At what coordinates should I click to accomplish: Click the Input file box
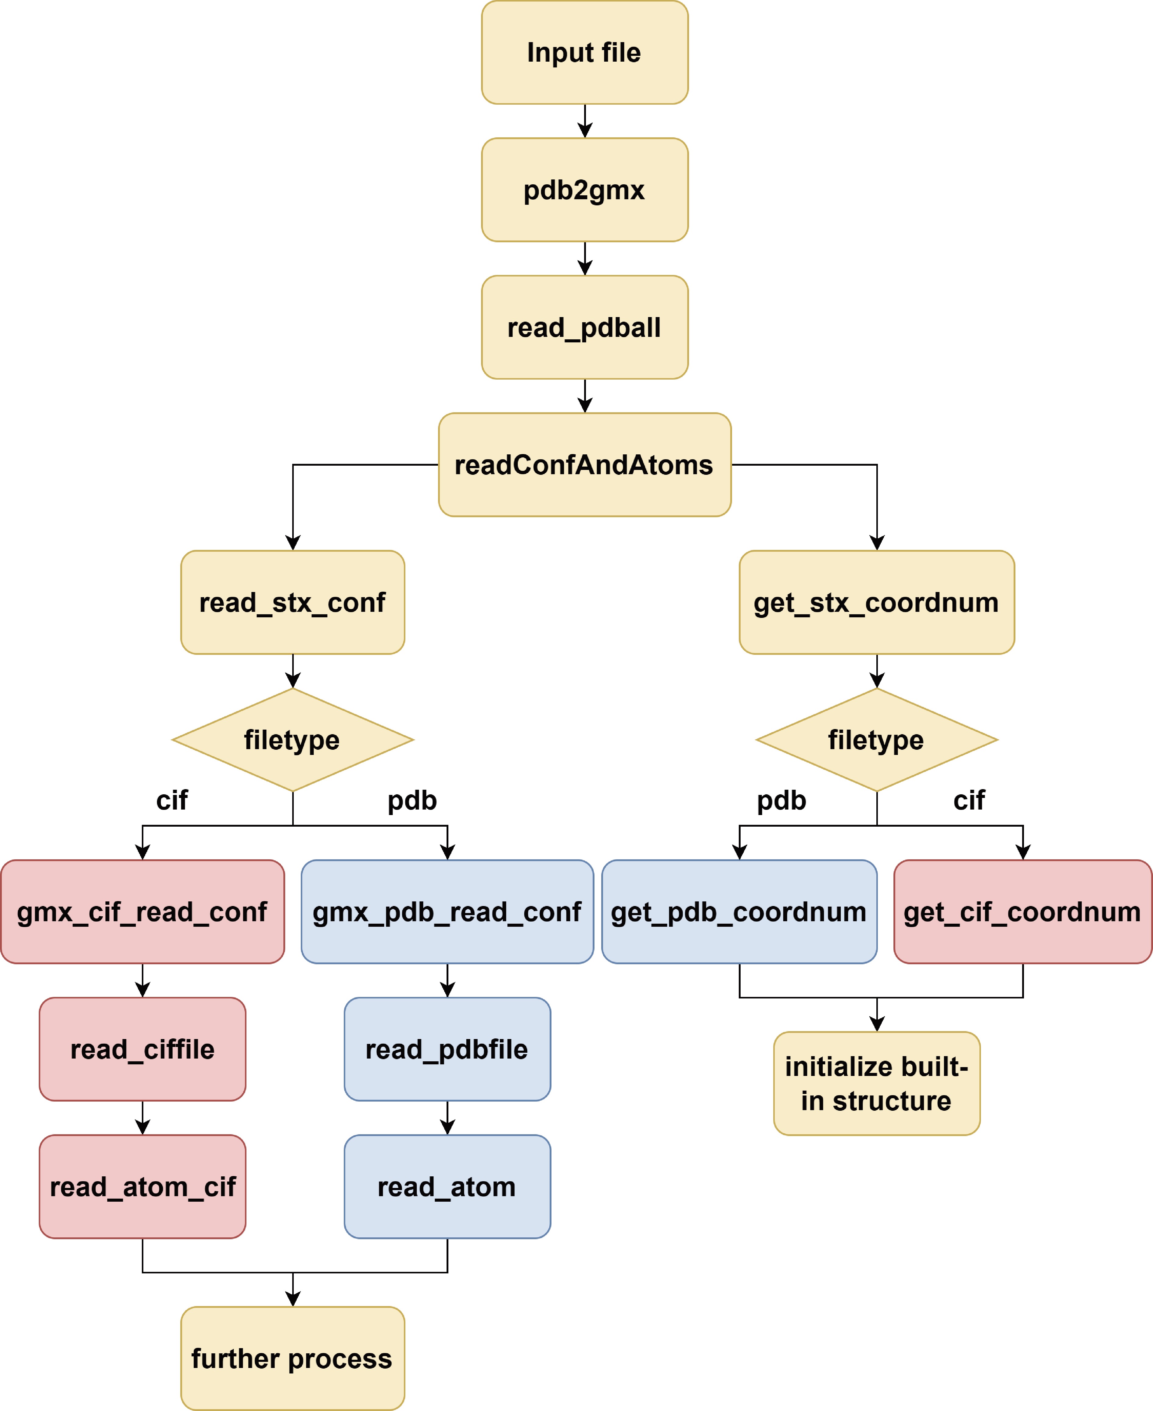coord(584,52)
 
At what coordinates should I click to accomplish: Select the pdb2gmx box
coord(584,190)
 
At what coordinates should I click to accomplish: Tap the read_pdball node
coord(584,327)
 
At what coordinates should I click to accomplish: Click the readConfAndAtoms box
coord(584,465)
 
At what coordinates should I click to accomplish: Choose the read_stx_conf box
coord(293,603)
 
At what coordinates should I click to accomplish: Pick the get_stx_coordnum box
coord(877,603)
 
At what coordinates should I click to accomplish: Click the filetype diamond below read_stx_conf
coord(293,740)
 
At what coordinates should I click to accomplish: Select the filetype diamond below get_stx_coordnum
coord(877,740)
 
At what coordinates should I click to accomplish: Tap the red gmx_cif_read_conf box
coord(143,912)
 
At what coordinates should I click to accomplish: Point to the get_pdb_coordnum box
coord(739,912)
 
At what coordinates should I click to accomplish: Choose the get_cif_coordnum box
coord(1023,912)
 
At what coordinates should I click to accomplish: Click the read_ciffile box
coord(143,1050)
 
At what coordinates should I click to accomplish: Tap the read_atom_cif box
coord(143,1187)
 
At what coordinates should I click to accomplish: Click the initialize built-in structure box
coord(877,1084)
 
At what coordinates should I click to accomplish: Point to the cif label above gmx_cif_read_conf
coord(172,800)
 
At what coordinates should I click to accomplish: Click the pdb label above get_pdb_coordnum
coord(782,800)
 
